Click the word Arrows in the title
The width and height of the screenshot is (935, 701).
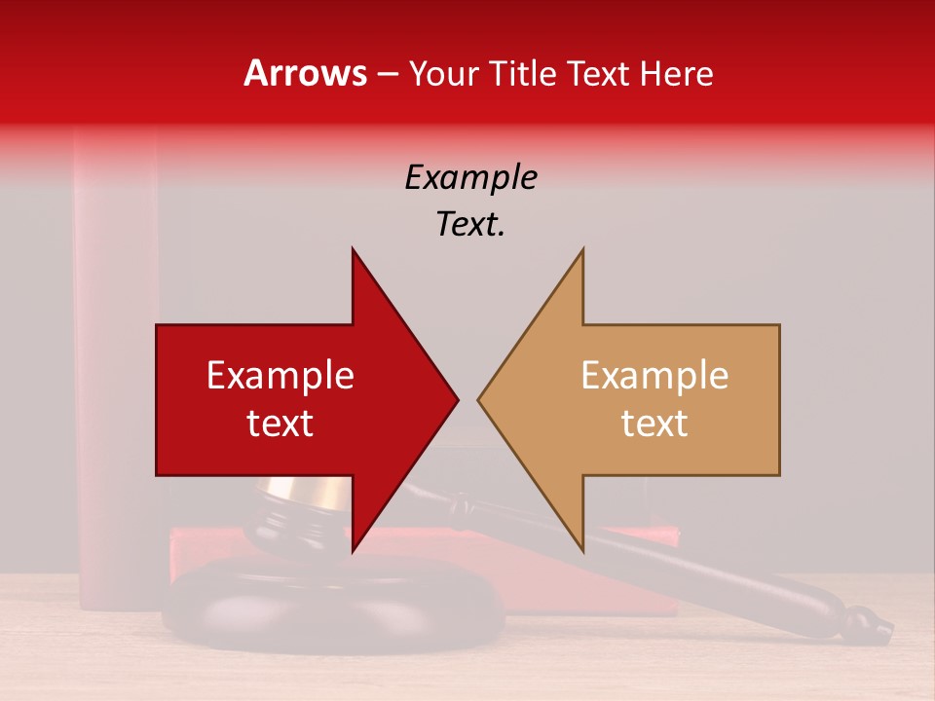304,73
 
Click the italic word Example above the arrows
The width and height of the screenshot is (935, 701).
470,178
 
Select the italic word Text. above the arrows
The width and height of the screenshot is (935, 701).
470,225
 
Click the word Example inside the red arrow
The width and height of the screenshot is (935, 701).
280,376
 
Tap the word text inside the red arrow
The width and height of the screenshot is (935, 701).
280,424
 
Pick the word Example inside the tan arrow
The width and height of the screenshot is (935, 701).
654,376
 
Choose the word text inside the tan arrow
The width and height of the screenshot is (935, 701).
654,424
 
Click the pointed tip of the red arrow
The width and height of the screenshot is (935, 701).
457,399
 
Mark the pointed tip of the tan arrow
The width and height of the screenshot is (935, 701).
479,399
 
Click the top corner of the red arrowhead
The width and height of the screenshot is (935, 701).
353,249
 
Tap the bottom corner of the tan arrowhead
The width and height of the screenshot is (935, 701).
582,550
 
